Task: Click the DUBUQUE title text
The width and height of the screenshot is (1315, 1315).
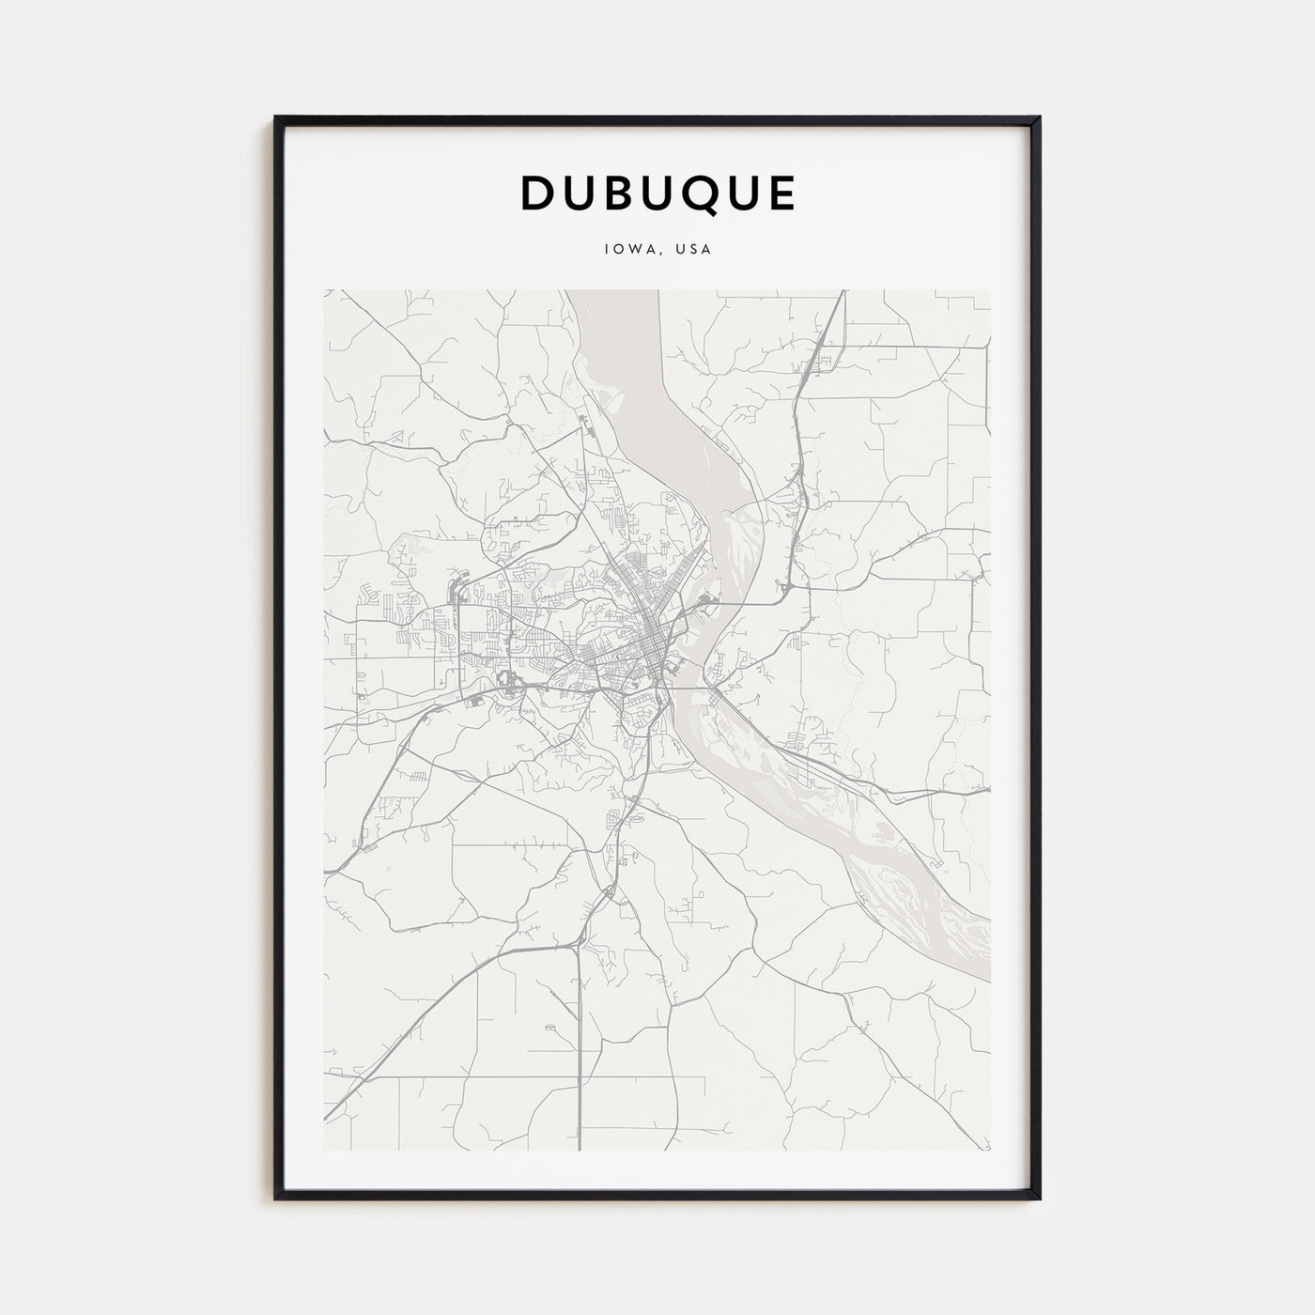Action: coord(657,193)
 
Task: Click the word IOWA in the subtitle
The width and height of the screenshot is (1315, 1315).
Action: coord(625,251)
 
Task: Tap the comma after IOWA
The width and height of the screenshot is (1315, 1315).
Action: coord(655,255)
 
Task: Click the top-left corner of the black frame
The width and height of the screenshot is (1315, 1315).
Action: coord(277,118)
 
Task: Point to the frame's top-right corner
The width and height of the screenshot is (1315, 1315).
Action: coord(1038,118)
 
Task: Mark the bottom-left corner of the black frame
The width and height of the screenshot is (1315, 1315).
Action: coord(277,1198)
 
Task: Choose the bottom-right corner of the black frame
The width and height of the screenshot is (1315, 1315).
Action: coord(1038,1198)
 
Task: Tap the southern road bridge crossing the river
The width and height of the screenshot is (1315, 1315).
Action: coord(690,688)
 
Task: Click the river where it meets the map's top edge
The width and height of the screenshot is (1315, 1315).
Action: coord(611,293)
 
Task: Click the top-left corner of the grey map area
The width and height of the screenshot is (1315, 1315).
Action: coord(325,290)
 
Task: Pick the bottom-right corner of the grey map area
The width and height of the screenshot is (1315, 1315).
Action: coord(990,1150)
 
